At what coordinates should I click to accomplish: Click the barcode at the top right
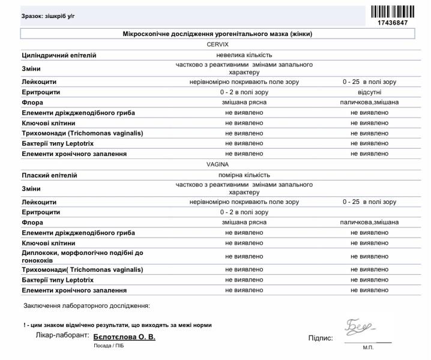click(x=393, y=11)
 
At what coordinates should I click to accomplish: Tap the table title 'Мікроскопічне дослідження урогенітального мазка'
click(x=218, y=34)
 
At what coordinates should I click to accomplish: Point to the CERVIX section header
click(x=218, y=44)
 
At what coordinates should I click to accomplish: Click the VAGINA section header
click(x=218, y=164)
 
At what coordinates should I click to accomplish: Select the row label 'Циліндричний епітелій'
click(x=59, y=55)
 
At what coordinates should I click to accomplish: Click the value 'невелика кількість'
click(x=244, y=55)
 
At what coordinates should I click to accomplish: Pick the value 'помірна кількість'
click(x=244, y=175)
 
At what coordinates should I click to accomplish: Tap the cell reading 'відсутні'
click(x=369, y=92)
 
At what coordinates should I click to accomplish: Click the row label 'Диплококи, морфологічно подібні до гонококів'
click(x=82, y=256)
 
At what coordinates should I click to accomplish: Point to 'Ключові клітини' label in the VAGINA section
click(x=49, y=243)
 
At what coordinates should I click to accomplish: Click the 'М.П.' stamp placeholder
click(x=367, y=347)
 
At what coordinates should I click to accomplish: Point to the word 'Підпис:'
click(x=321, y=338)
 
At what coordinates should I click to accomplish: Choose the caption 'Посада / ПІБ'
click(x=108, y=347)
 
